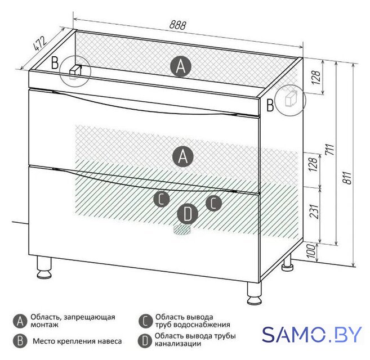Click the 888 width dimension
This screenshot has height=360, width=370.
[x=178, y=25]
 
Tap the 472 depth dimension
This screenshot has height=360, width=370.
[x=39, y=43]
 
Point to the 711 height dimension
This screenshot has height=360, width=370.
[x=330, y=149]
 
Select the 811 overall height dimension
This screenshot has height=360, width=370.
[x=347, y=178]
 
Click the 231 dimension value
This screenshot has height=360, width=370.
[x=314, y=211]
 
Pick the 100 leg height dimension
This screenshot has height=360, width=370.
[x=311, y=251]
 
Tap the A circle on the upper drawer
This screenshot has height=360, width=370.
[x=183, y=156]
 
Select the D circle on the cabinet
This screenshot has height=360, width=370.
[x=188, y=214]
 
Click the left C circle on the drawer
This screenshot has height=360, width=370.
[x=162, y=199]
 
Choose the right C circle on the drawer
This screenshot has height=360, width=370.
[x=213, y=203]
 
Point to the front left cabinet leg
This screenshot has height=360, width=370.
[x=44, y=267]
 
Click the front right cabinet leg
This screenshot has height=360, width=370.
[x=254, y=293]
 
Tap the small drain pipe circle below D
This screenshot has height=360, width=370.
[x=182, y=229]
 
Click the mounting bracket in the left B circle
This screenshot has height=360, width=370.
[x=75, y=71]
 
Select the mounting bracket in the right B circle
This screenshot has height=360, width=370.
[x=291, y=99]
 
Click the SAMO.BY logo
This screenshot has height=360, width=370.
[x=312, y=334]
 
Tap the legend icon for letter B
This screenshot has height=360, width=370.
[x=20, y=341]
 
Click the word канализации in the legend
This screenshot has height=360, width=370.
[x=178, y=344]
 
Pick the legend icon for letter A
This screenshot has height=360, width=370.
[x=20, y=321]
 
